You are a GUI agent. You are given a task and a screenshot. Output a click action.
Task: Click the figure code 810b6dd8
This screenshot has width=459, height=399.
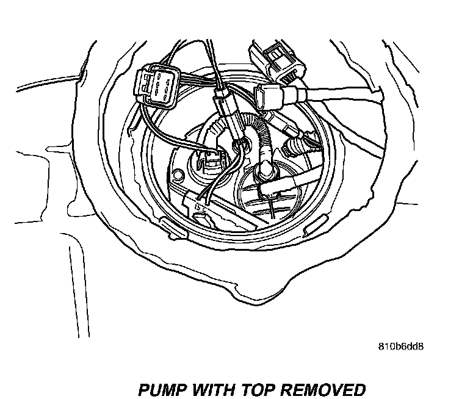point(400,347)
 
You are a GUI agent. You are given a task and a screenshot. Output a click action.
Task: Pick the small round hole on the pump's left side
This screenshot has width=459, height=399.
point(178,175)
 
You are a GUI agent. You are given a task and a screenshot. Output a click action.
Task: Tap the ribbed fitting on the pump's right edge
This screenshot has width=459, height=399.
point(296,146)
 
